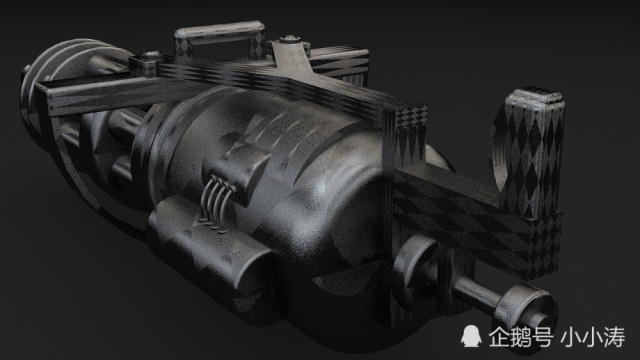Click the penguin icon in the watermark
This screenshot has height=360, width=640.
point(471,336)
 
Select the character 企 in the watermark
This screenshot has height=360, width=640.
point(499,336)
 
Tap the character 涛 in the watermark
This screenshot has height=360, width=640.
point(614,337)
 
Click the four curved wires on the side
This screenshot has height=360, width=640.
point(217,203)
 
